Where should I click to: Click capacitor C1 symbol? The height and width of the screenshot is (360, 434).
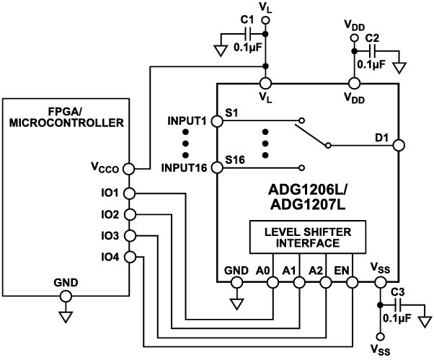coord(248,34)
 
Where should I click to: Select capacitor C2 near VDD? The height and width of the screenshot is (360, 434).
coord(373,51)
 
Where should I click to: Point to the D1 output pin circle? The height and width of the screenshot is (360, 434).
coord(399,145)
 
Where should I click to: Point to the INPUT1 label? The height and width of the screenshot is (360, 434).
coord(187,120)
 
